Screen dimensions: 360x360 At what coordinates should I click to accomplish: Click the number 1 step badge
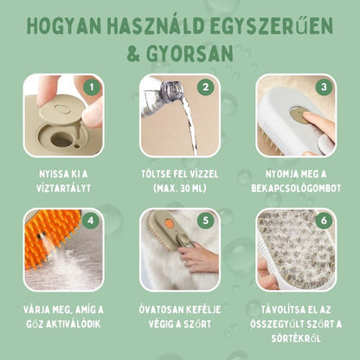[x=92, y=87]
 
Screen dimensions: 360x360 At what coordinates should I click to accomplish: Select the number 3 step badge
[x=321, y=87]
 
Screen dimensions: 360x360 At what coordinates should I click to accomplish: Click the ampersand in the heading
[x=138, y=55]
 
